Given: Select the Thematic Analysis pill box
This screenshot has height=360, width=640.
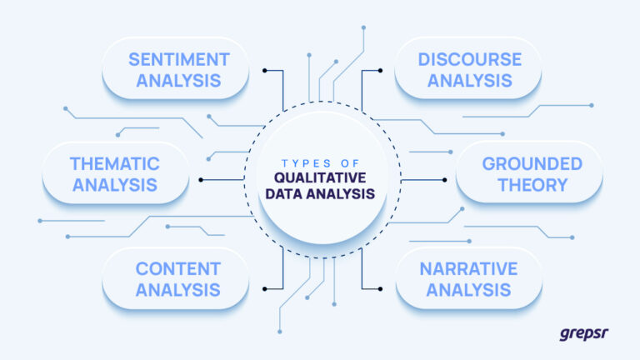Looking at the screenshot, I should (115, 174).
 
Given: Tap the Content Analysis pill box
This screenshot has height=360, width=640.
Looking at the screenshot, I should (177, 279).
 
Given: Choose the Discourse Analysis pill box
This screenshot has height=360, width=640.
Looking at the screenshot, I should (469, 70).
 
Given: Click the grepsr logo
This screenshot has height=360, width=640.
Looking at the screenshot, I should (583, 334).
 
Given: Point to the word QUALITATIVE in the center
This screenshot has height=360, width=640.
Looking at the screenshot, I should (320, 177).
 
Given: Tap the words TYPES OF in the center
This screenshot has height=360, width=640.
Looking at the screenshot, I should (320, 162).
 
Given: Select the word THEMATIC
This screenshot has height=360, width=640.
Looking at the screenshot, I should (115, 164).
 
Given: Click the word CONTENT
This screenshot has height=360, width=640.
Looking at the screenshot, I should (177, 269).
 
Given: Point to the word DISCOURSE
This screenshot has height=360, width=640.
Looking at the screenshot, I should (469, 60).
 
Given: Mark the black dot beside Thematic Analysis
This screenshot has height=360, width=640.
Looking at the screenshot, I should (201, 179).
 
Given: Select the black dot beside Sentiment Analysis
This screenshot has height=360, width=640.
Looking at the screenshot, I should (264, 70).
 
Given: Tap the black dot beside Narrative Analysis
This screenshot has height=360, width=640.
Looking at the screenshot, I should (380, 289).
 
